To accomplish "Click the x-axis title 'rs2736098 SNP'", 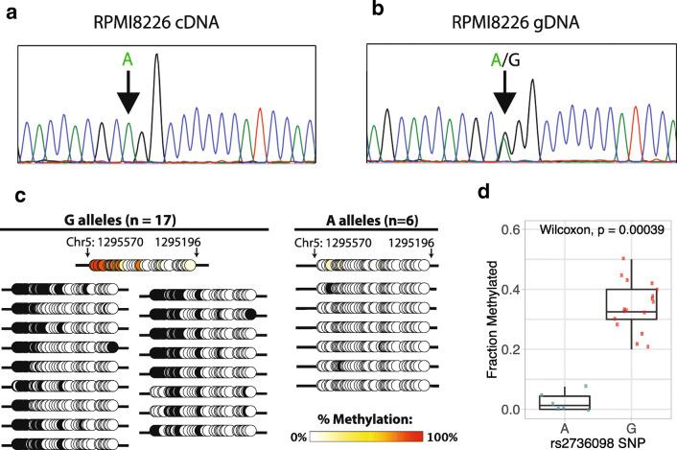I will [x=595, y=440].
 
